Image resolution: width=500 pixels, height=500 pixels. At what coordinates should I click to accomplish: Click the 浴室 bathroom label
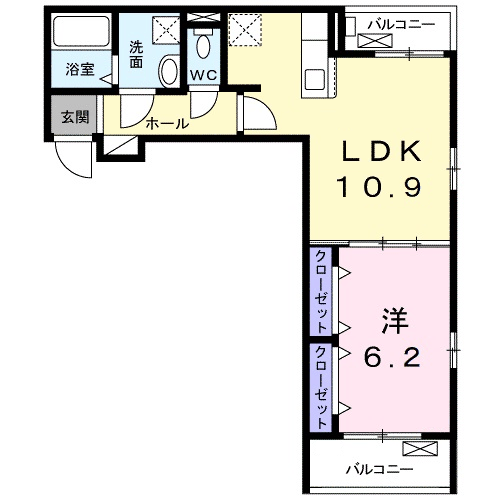80,70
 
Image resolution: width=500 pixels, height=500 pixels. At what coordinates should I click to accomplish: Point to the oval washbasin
169,73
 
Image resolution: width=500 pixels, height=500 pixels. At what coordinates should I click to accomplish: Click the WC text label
205,75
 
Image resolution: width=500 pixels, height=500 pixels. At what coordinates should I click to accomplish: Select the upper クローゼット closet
321,292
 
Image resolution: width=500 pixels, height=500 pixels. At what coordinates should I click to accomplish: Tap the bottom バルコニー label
380,468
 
